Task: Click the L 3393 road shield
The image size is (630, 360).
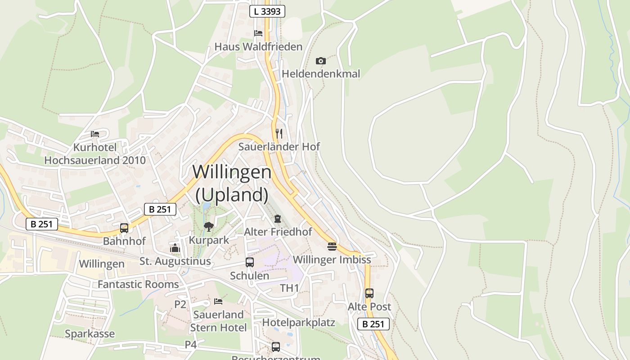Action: pyautogui.click(x=267, y=11)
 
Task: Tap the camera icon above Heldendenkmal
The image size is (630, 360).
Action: pyautogui.click(x=321, y=61)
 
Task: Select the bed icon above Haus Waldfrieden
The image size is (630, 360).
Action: pyautogui.click(x=258, y=33)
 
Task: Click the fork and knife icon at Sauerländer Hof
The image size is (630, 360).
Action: pyautogui.click(x=279, y=133)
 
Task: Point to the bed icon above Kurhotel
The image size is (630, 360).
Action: pyautogui.click(x=95, y=134)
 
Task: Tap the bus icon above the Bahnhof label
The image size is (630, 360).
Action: pyautogui.click(x=124, y=228)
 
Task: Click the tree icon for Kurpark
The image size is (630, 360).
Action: pyautogui.click(x=208, y=227)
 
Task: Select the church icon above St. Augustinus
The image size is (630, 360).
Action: pyautogui.click(x=175, y=248)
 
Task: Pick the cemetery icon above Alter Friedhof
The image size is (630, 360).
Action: pyautogui.click(x=278, y=219)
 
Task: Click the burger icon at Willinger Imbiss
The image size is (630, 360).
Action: pyautogui.click(x=332, y=247)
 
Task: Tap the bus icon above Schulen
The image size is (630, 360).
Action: pyautogui.click(x=250, y=262)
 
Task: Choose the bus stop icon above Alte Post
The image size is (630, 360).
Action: pyautogui.click(x=369, y=293)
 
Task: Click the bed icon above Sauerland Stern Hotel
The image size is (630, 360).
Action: pyautogui.click(x=218, y=301)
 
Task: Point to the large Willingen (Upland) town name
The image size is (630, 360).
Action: pyautogui.click(x=232, y=183)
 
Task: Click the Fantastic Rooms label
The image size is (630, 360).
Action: pyautogui.click(x=138, y=284)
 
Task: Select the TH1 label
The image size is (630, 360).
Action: pyautogui.click(x=289, y=288)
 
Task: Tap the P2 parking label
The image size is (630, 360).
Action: pyautogui.click(x=180, y=305)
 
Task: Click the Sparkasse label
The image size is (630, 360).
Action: pyautogui.click(x=90, y=334)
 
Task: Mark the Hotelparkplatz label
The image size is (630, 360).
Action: pyautogui.click(x=299, y=323)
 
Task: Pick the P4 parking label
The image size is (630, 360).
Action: pyautogui.click(x=191, y=345)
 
